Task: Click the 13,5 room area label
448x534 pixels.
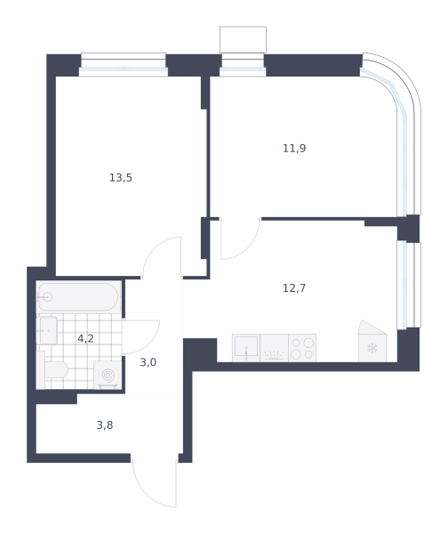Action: coord(121,178)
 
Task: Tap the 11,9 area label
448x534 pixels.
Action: coord(294,149)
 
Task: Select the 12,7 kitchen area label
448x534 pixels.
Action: coord(294,288)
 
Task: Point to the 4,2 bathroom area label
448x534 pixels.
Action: coord(85,339)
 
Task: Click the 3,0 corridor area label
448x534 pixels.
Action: coord(148,362)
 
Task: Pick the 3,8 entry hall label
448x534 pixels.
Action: coord(105,425)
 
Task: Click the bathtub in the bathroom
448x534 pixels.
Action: coord(78,297)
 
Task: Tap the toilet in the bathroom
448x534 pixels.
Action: coord(52,369)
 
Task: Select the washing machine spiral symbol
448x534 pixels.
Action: coord(108,376)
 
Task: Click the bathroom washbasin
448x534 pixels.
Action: coord(47,330)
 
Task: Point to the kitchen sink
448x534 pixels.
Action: coord(246,348)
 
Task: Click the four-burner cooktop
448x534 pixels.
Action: coord(302,348)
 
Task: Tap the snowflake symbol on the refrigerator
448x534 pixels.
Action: coord(372,348)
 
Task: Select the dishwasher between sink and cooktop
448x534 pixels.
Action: coord(274,348)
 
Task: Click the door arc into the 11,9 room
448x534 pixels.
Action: coord(249,249)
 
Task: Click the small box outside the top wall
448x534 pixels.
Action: coord(243,39)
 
